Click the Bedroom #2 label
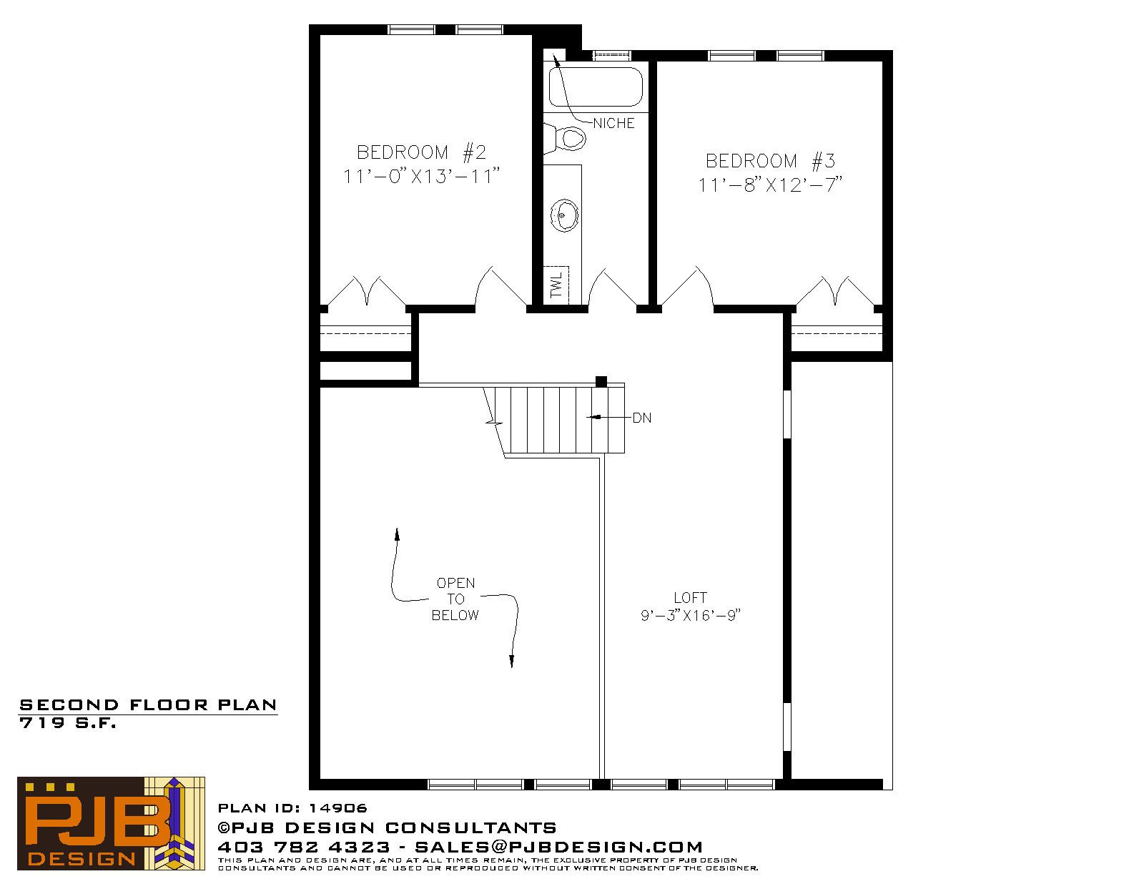click(x=421, y=152)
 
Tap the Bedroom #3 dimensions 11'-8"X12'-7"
click(x=770, y=185)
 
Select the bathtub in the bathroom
click(x=596, y=87)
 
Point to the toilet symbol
click(x=565, y=139)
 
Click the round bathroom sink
click(x=564, y=215)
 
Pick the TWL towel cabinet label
click(x=556, y=285)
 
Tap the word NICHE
click(x=614, y=123)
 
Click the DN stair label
click(x=642, y=418)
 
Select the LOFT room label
click(x=690, y=598)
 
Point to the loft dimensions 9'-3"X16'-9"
click(x=690, y=616)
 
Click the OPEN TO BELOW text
click(x=455, y=599)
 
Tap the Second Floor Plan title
click(x=148, y=705)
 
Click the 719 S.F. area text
click(x=67, y=723)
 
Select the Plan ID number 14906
click(x=338, y=808)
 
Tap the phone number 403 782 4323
click(x=304, y=847)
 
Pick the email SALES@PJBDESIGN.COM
click(x=558, y=847)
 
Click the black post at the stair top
click(x=601, y=382)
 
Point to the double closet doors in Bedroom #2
click(x=367, y=290)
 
